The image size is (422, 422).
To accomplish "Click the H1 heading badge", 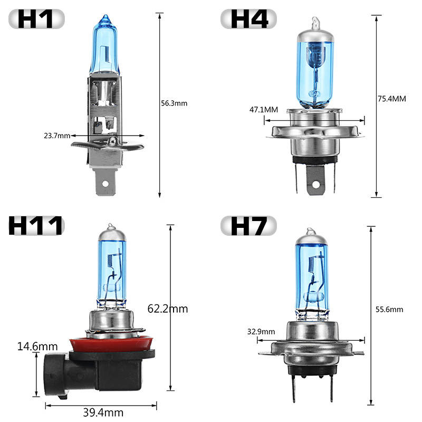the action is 36,19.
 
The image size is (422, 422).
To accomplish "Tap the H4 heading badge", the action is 248,19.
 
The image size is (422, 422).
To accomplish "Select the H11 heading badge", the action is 36,226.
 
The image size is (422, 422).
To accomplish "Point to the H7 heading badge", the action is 248,226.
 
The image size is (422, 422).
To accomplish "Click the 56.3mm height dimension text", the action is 174,103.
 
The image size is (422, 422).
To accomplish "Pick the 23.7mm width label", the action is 57,136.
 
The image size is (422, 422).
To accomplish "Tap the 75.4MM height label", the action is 392,99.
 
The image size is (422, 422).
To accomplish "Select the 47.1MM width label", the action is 264,110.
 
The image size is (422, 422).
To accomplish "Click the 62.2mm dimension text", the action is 168,309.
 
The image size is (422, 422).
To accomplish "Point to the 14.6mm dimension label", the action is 37,347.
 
